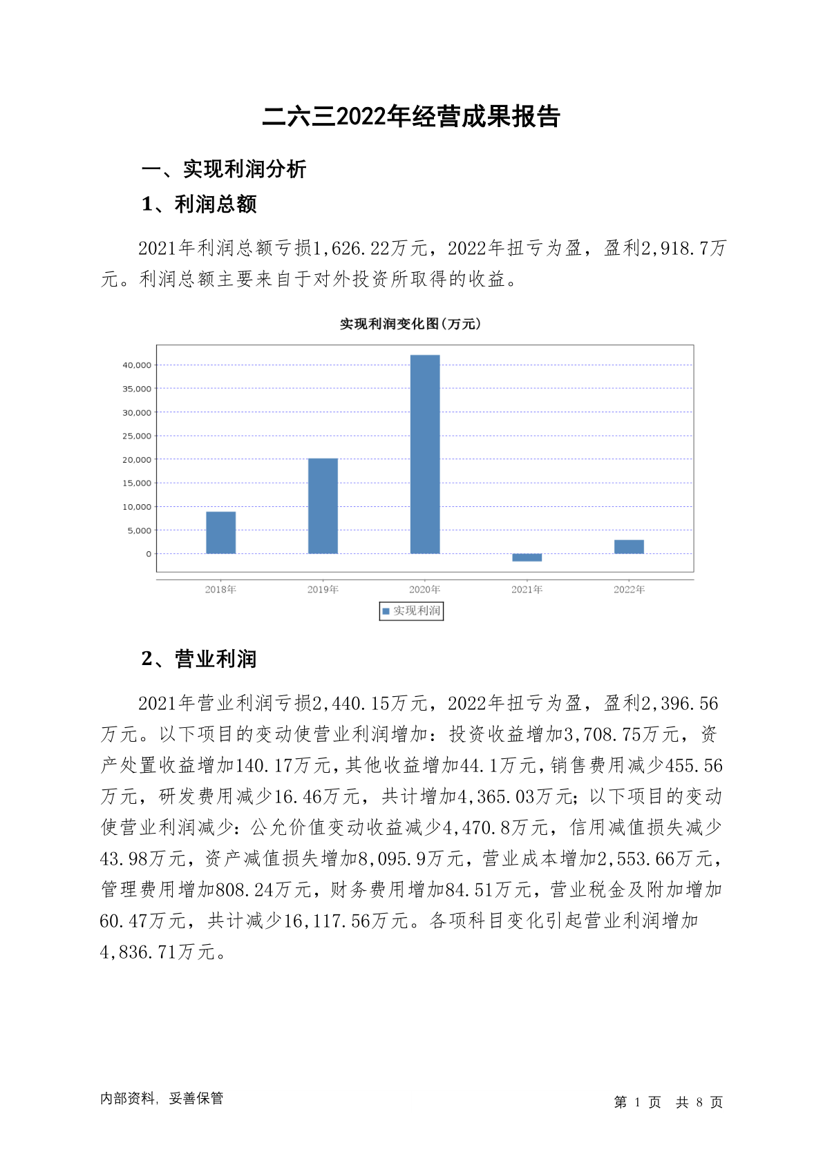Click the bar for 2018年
(x=220, y=532)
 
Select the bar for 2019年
(x=323, y=506)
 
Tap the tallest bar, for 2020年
(x=424, y=454)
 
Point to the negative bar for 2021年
(x=527, y=557)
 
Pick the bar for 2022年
(x=629, y=546)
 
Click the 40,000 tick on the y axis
(x=137, y=365)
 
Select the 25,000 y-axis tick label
(x=137, y=436)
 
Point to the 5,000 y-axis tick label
(x=139, y=530)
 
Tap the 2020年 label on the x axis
(x=424, y=589)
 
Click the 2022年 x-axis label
(x=629, y=589)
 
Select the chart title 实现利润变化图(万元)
(x=410, y=324)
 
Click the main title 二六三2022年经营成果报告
(x=410, y=117)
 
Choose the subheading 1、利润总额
(x=199, y=204)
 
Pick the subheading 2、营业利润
(x=199, y=659)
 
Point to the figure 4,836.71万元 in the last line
(x=158, y=952)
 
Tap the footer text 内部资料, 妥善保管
(x=162, y=1098)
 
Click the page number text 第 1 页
(x=637, y=1102)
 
